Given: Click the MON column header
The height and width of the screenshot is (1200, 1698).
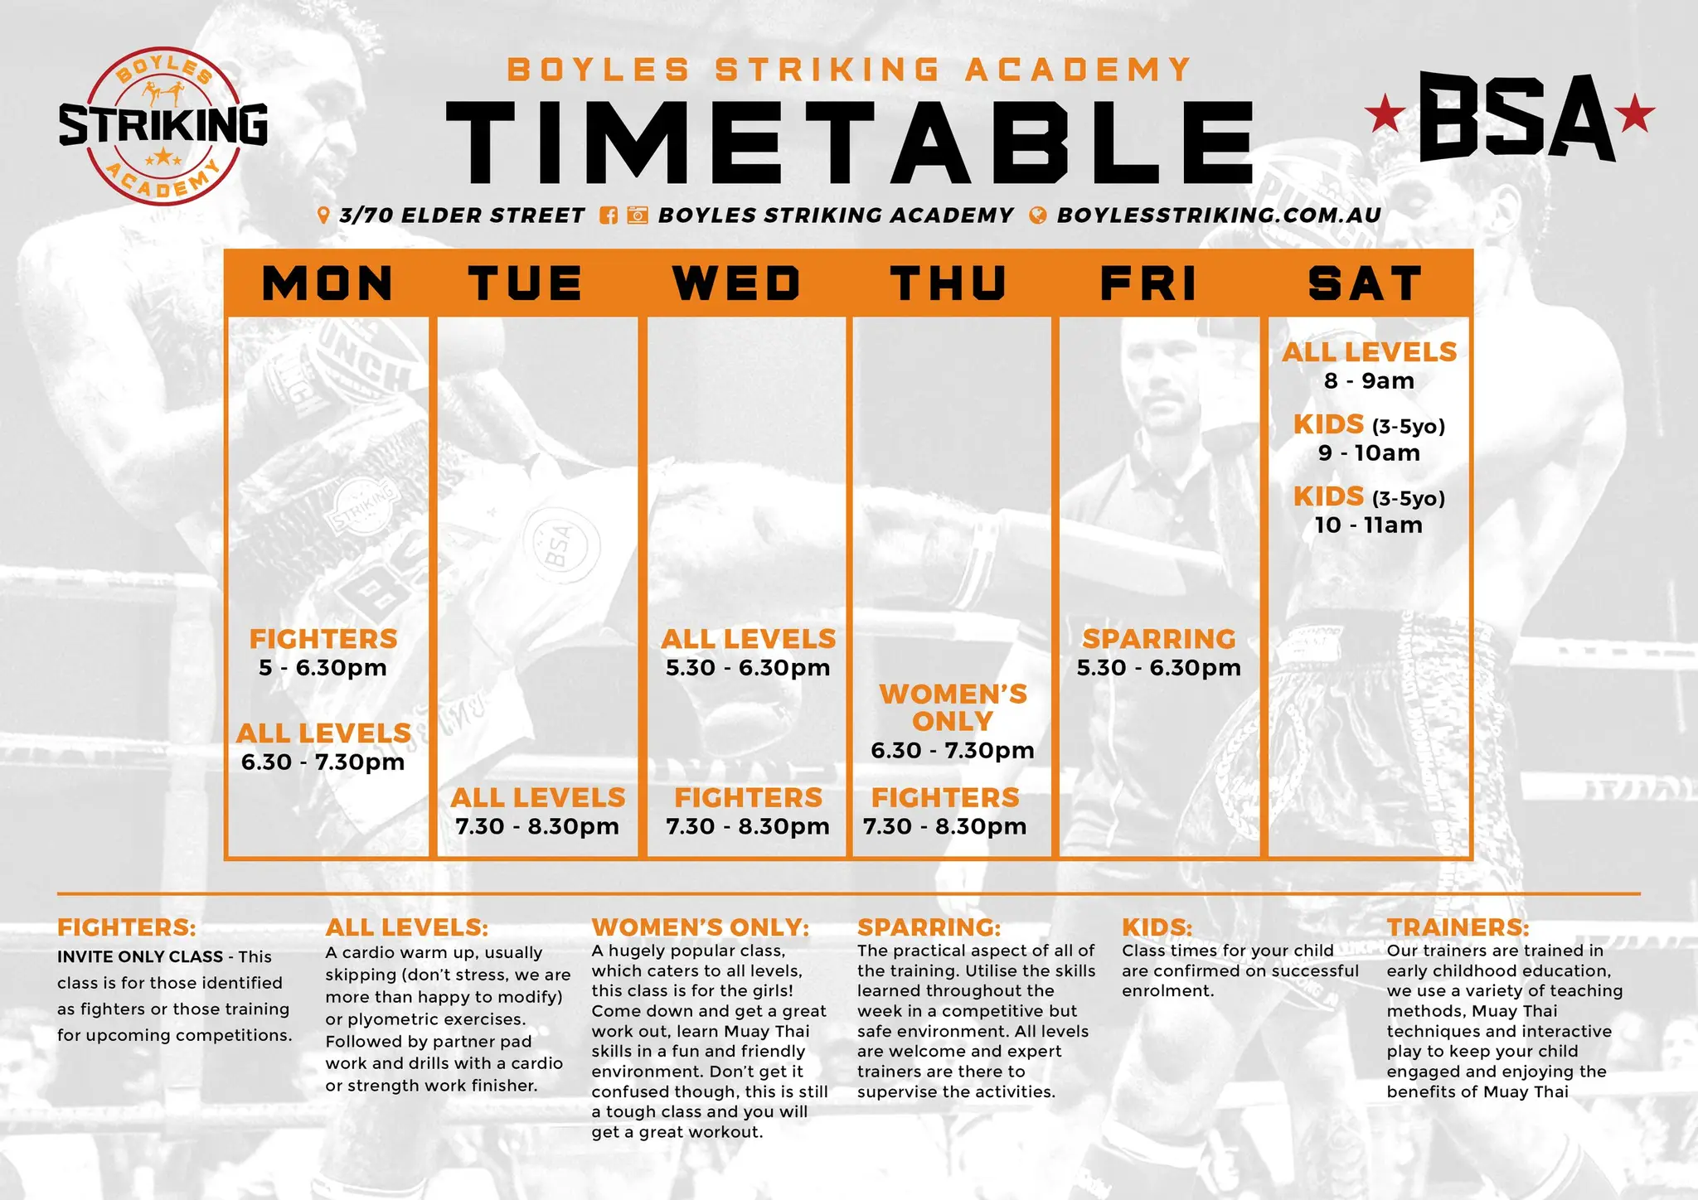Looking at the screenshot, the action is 327,283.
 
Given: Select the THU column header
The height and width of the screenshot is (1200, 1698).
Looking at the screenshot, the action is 948,283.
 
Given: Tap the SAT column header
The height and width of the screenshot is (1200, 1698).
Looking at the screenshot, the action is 1366,283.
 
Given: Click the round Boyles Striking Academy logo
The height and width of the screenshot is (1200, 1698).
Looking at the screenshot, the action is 163,126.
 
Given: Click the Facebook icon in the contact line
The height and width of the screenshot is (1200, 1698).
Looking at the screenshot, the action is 609,215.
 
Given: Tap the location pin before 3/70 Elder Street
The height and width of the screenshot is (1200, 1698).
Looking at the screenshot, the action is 323,215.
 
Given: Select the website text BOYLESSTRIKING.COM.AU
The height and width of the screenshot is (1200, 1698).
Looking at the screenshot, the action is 1219,215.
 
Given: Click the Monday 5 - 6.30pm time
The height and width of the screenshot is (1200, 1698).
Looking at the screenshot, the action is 323,668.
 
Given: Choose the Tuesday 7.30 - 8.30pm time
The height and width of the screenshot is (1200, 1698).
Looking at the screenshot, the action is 537,826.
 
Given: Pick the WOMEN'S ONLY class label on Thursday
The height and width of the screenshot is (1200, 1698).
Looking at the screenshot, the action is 953,708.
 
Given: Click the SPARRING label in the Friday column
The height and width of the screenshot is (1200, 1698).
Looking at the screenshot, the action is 1159,639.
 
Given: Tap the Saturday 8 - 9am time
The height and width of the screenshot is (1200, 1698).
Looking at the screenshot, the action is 1369,381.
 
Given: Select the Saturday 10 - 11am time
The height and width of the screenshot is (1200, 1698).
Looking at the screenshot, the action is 1368,525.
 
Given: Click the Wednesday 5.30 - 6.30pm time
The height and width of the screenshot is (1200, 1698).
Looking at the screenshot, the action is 748,668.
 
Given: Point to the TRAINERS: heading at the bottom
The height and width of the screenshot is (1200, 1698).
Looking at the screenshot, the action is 1458,927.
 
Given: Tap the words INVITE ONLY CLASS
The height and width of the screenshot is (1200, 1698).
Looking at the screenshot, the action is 140,957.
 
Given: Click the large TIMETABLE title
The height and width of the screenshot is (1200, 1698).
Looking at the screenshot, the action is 851,143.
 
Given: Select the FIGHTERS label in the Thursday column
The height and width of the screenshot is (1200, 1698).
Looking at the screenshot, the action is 945,798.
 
